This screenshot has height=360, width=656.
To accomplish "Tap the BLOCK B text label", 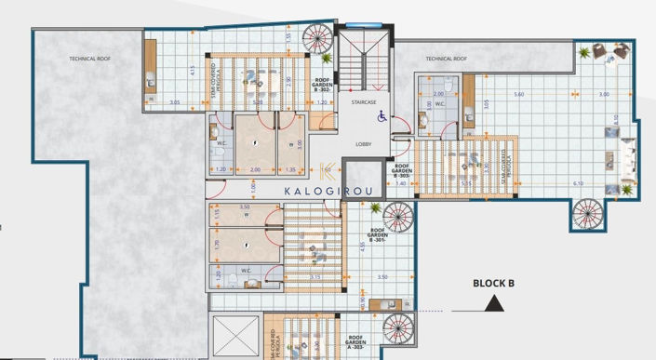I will pyautogui.click(x=494, y=283).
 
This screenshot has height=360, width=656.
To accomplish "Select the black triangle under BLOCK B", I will pyautogui.click(x=494, y=302).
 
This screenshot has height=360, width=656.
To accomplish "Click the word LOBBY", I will pyautogui.click(x=364, y=144).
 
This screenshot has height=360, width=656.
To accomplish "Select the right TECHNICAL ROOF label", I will pyautogui.click(x=446, y=58).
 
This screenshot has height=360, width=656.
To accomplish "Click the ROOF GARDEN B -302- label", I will pyautogui.click(x=323, y=86).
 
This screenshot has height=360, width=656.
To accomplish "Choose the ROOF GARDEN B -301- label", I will pyautogui.click(x=379, y=236).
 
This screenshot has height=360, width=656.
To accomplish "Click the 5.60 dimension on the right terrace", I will pyautogui.click(x=519, y=95).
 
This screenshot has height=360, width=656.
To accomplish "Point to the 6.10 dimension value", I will pyautogui.click(x=578, y=183).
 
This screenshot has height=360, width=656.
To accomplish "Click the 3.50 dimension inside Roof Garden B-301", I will pyautogui.click(x=382, y=277).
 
